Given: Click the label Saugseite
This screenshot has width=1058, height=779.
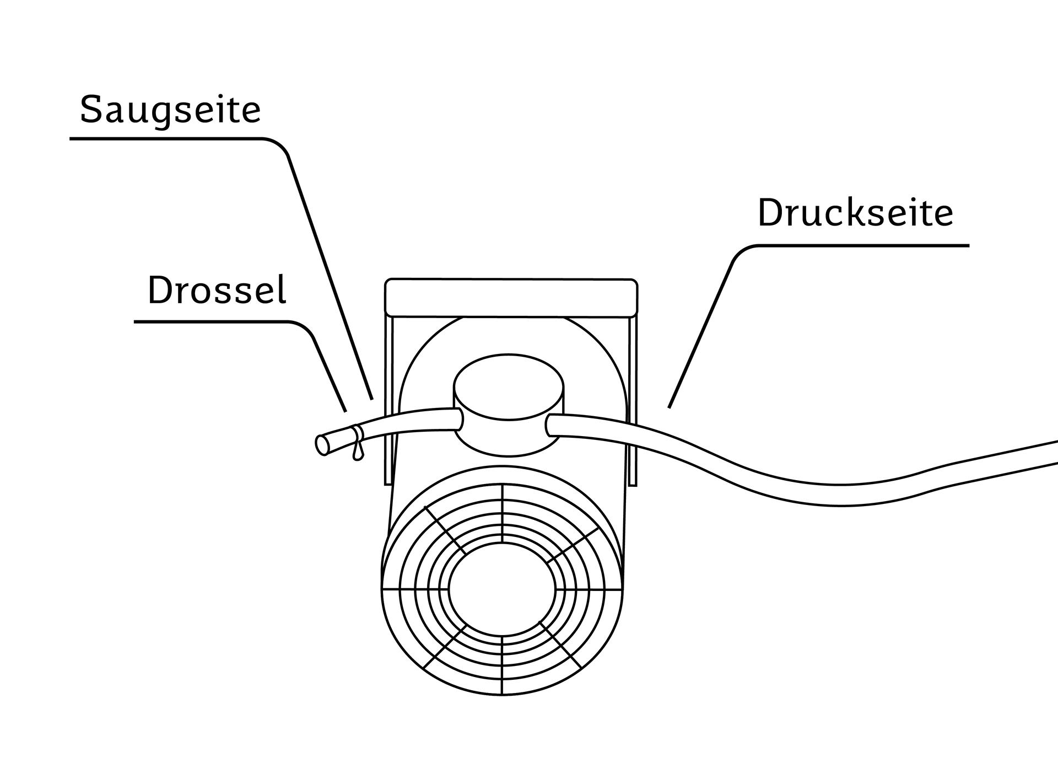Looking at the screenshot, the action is (x=170, y=111).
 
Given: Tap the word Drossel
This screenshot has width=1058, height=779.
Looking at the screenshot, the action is (x=217, y=290).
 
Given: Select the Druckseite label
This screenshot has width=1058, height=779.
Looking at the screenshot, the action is (x=855, y=212).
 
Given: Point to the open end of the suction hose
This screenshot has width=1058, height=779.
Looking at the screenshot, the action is (x=321, y=445).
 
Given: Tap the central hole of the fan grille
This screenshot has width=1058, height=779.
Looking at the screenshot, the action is (x=502, y=589).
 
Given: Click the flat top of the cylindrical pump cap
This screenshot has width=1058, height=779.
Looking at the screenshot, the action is (x=508, y=387).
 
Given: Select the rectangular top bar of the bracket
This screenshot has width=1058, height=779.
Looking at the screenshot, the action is (x=511, y=298).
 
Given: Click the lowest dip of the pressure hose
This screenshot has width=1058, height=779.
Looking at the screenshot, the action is (x=840, y=495).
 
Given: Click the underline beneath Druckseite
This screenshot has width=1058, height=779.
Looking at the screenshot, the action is (x=862, y=246).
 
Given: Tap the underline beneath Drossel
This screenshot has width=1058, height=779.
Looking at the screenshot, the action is (x=212, y=322).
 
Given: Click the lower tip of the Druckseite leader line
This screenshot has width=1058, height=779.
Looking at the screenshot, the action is (x=669, y=407).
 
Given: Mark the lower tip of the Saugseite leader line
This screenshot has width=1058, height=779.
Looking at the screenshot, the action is (x=372, y=398).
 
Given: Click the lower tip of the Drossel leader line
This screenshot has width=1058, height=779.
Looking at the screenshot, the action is (x=346, y=411).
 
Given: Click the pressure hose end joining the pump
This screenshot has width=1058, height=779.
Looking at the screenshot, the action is (x=549, y=425).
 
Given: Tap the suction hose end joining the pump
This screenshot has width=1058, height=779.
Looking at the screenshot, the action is (x=459, y=419).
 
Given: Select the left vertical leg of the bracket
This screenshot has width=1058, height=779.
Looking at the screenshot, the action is (x=388, y=400).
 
